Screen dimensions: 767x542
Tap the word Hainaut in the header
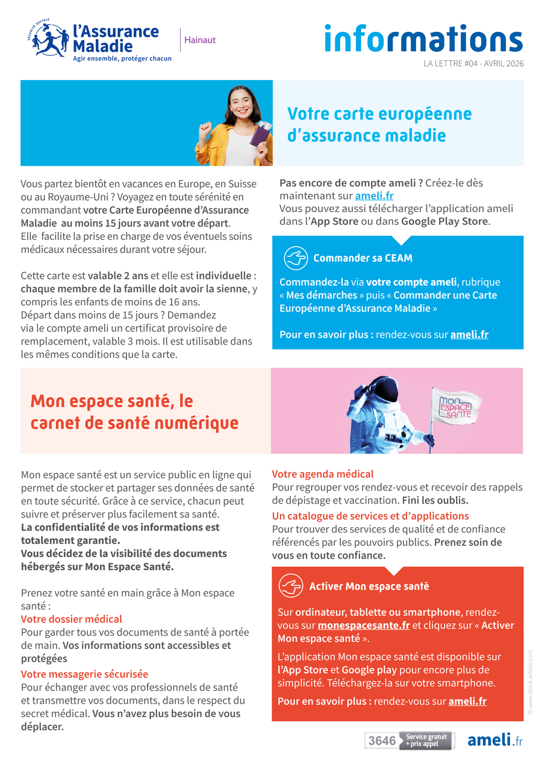coord(200,40)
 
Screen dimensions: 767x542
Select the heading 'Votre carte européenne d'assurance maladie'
coord(379,124)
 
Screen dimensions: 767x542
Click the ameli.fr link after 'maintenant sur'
coord(375,196)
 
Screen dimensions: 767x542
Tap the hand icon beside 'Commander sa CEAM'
coord(296,258)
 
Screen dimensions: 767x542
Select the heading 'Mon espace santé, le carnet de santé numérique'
coord(134,412)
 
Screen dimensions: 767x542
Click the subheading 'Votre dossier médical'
coord(72,619)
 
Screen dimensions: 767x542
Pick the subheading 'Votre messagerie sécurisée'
coord(84,674)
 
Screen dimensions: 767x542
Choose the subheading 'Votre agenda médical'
coord(323,474)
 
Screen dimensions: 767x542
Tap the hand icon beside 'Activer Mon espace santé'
coord(291,586)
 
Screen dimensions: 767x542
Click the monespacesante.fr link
coord(364,625)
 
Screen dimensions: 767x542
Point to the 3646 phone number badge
coord(382,740)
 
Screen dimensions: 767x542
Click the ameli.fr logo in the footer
coord(495,740)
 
